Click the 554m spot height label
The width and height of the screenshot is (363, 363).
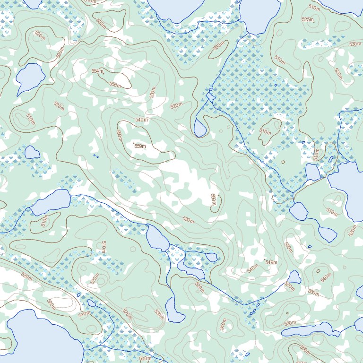click(x=97, y=71)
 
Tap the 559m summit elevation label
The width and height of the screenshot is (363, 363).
click(x=140, y=146)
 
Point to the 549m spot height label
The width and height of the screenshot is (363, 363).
click(x=271, y=262)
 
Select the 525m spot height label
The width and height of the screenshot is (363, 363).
click(x=307, y=19)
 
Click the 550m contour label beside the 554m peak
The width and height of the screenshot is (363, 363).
click(x=114, y=85)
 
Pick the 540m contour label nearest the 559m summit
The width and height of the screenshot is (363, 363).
click(x=141, y=120)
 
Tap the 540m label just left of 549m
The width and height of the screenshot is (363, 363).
click(x=253, y=268)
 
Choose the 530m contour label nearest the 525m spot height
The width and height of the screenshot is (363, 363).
click(x=354, y=44)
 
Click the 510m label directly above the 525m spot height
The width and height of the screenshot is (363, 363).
click(x=314, y=7)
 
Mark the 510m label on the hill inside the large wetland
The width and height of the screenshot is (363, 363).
click(x=265, y=131)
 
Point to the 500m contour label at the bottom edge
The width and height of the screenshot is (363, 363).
click(x=145, y=359)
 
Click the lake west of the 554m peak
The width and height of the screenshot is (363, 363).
click(x=30, y=77)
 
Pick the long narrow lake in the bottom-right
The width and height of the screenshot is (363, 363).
click(x=312, y=330)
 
